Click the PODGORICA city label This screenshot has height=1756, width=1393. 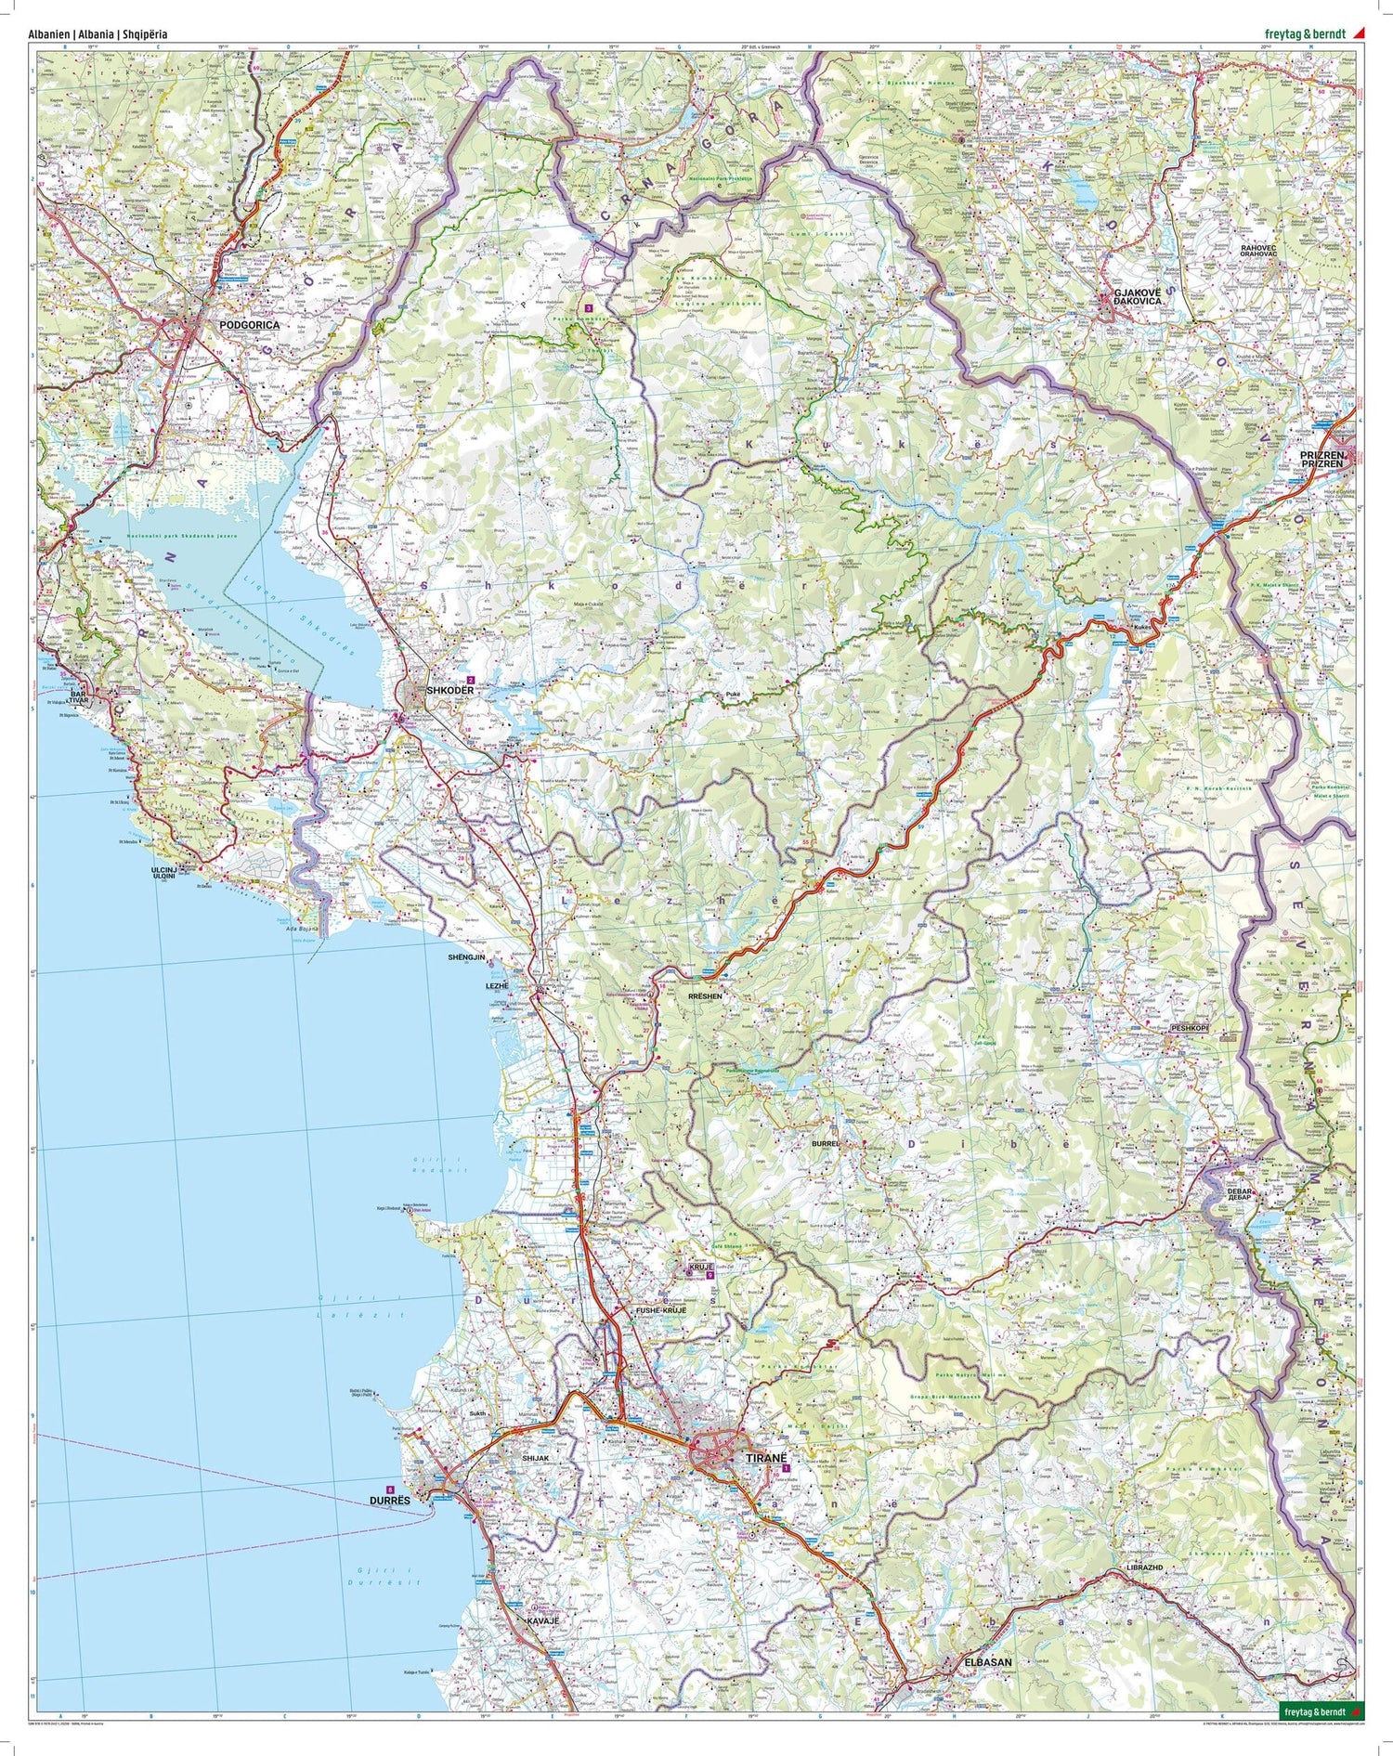(x=249, y=326)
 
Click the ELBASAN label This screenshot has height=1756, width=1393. (x=988, y=1687)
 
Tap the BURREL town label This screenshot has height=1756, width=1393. (x=825, y=1144)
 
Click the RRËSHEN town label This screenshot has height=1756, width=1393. (x=705, y=995)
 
